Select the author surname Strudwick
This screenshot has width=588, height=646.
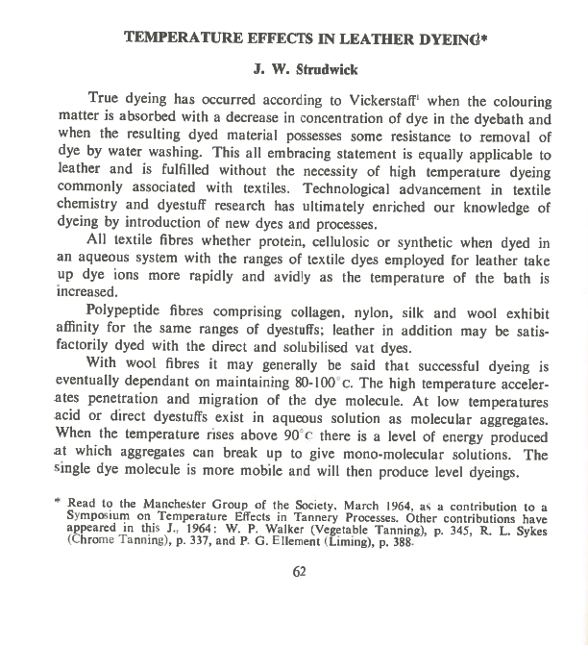(x=306, y=70)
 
